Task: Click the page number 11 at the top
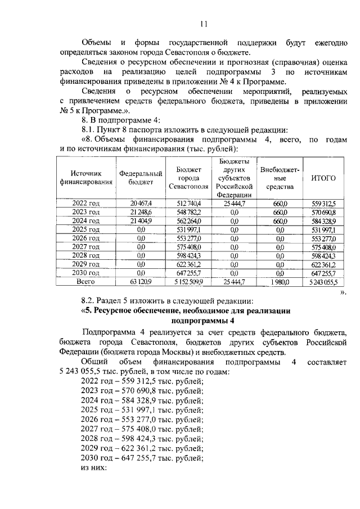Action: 203,24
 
